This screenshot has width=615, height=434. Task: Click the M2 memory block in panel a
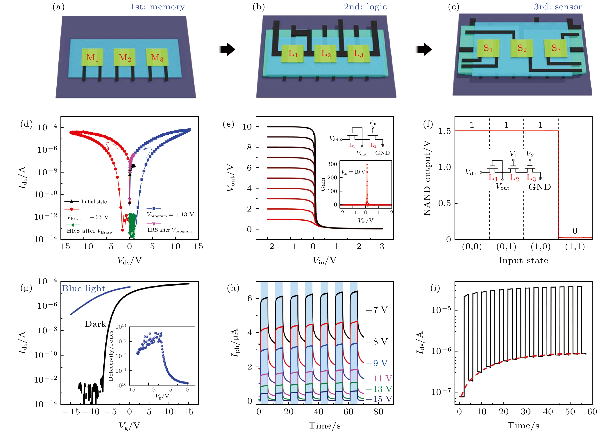click(125, 57)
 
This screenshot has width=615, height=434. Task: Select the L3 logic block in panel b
click(358, 53)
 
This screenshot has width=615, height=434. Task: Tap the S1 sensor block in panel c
click(488, 48)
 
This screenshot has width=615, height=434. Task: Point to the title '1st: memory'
click(158, 7)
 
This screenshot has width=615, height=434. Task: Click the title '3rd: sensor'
click(558, 7)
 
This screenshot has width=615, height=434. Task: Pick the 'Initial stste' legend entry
click(94, 202)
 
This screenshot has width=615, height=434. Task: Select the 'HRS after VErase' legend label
click(89, 231)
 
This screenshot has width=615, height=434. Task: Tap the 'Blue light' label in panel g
click(84, 288)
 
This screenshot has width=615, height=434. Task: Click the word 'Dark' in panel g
click(96, 324)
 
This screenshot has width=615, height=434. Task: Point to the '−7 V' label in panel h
click(377, 310)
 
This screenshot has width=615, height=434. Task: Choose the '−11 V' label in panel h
click(379, 378)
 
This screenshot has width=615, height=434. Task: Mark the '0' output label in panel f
click(575, 231)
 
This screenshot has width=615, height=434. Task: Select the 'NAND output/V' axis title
click(427, 178)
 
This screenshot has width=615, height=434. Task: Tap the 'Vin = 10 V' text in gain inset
click(353, 172)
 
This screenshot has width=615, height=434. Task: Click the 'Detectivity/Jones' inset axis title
click(111, 356)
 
